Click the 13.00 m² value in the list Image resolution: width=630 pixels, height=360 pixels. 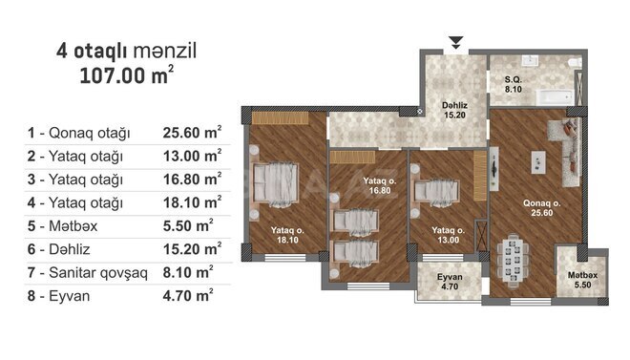click(192, 156)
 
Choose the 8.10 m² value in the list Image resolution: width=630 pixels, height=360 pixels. click(188, 273)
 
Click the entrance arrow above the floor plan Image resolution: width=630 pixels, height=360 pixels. click(456, 42)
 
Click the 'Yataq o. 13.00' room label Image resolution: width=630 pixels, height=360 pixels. click(447, 235)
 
